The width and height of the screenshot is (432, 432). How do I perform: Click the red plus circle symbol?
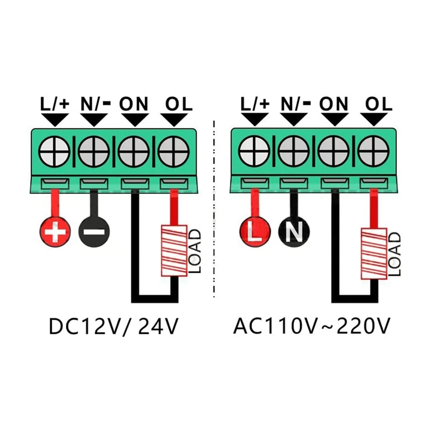point(55,233)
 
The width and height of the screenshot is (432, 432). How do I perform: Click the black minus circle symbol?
point(94,233)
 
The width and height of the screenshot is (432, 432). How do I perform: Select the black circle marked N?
point(294,233)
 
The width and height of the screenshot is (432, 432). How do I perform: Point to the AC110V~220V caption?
point(312,327)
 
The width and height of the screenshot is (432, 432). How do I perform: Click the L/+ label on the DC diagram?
point(55,103)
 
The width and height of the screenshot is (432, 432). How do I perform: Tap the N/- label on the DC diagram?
point(95,103)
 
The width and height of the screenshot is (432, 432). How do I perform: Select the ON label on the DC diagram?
point(134,103)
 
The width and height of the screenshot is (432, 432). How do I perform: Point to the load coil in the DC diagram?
point(174,251)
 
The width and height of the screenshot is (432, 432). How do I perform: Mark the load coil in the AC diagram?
point(374,253)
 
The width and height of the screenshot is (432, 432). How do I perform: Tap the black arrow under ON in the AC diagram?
point(334,119)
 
